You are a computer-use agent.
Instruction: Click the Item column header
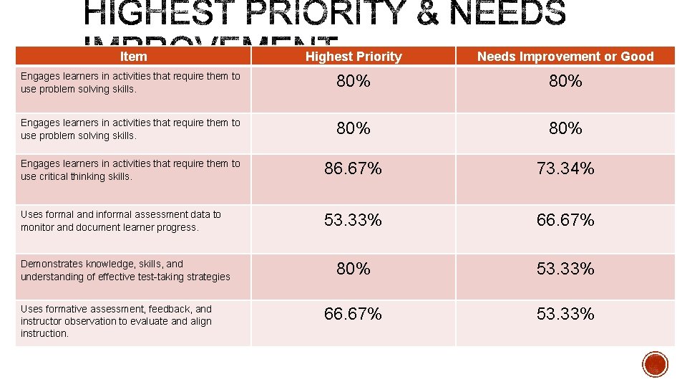coord(133,57)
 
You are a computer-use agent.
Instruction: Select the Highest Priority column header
coord(354,57)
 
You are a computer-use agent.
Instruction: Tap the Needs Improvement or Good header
coord(565,57)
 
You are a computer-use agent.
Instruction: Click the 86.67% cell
coord(353,169)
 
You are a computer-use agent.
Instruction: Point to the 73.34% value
coord(565,169)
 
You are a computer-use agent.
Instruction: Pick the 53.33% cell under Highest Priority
coord(353,221)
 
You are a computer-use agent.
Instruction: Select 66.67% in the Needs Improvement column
coord(565,221)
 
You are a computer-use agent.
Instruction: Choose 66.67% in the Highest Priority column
coord(353,315)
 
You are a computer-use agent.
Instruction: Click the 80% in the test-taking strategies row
coord(354,269)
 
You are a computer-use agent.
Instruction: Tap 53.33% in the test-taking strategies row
coord(565,269)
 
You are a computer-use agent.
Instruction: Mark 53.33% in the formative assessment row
coord(565,315)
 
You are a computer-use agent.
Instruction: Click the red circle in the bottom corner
coord(655,364)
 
